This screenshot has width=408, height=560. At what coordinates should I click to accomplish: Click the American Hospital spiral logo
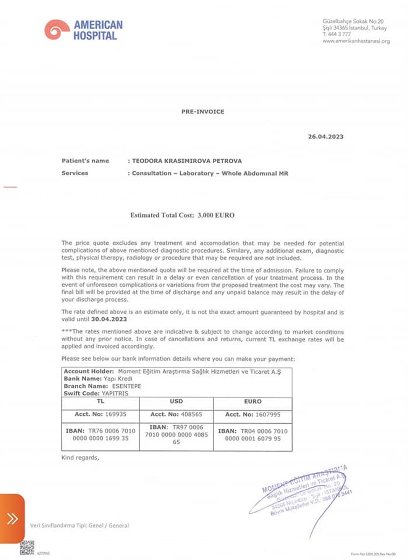coord(57,29)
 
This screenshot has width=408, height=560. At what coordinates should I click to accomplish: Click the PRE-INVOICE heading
coord(202,111)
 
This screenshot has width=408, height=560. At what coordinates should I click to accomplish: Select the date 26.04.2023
coord(325,136)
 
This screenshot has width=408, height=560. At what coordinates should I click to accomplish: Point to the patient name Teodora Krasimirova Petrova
coord(187,161)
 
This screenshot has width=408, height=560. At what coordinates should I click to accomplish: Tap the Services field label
coord(75,173)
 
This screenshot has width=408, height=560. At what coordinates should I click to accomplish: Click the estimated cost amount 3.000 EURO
coord(216,215)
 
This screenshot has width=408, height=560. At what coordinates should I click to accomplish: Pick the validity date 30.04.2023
coord(109,319)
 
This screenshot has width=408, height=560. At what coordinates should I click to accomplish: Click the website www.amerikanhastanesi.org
coord(356,41)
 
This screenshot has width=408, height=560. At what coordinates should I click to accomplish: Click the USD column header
coord(176,402)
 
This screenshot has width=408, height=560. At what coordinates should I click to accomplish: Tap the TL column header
coord(100,402)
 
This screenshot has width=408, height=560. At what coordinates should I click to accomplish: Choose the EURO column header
coord(253,402)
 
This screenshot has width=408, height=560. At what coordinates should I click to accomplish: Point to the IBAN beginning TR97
coord(176,434)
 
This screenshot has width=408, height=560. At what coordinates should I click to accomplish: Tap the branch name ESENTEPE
coord(126,386)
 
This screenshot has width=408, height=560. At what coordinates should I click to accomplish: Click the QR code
coord(27,547)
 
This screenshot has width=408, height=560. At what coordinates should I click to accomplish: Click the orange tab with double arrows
coord(12,518)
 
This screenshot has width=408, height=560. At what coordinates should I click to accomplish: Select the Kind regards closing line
coord(80,457)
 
